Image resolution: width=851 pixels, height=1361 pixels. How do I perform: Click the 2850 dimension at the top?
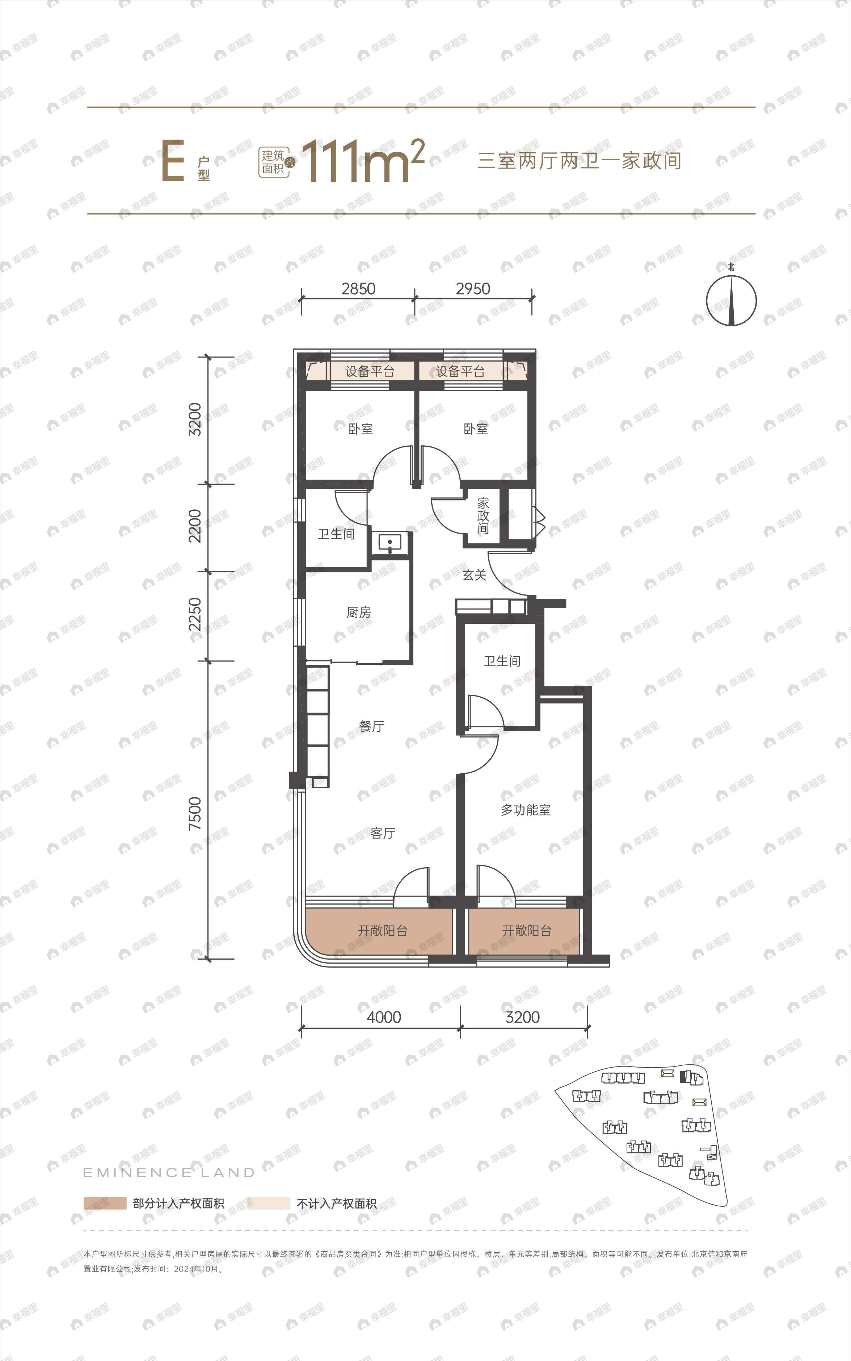pyautogui.click(x=358, y=289)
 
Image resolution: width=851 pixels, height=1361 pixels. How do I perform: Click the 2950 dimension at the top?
pyautogui.click(x=473, y=289)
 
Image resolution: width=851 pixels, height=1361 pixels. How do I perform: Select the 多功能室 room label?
pyautogui.click(x=526, y=810)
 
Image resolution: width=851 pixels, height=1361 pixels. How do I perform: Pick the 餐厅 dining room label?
pyautogui.click(x=371, y=726)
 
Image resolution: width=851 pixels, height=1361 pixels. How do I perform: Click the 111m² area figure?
pyautogui.click(x=363, y=161)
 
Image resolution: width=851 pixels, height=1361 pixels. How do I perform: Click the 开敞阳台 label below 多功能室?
pyautogui.click(x=526, y=931)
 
